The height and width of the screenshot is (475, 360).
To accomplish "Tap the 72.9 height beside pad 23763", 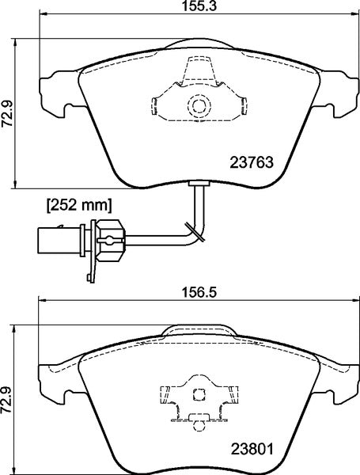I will pyautogui.click(x=9, y=112).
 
